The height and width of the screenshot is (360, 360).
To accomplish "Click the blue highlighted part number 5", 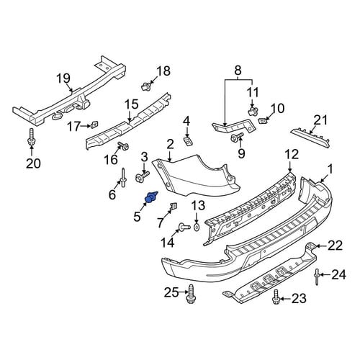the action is pos(150,197).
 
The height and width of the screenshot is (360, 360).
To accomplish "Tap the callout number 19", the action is pos(63,78).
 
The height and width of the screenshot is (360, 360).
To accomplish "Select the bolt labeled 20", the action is pos(31,137).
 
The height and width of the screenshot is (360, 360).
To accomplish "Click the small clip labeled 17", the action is pos(94,125).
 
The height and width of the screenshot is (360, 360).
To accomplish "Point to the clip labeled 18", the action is pos(145,86).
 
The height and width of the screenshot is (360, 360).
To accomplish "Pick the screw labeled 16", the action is pos(123,145).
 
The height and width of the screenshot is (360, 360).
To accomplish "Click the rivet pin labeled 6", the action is pos(123,177).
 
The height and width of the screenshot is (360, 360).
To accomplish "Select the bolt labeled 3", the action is pos(142,177).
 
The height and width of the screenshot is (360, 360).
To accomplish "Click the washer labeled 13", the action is pos(197,227).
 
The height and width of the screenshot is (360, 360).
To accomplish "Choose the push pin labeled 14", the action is pos(184,227).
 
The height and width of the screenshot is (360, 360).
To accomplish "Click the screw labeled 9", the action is pos(237,138).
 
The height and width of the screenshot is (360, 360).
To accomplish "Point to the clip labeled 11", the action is pos(253,112).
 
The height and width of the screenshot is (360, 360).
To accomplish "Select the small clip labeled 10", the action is pos(262,120).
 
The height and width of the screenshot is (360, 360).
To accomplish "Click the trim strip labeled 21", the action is pos(310,138).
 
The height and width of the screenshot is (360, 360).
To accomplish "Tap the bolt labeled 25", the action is pos(191,294).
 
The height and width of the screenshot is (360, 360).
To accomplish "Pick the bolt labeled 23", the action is pos(276,297).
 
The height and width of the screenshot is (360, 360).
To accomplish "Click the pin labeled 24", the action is pos(317,277).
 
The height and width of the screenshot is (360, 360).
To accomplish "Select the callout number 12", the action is pos(292,155).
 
